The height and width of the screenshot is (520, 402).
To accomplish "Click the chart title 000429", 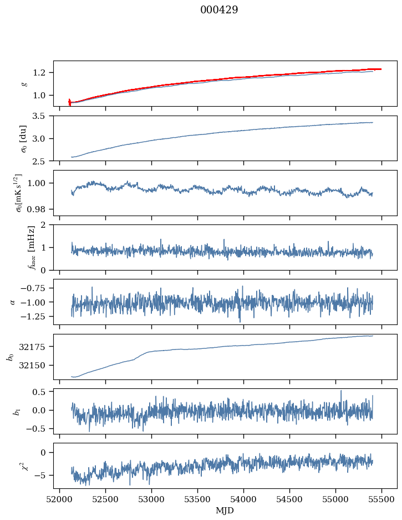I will pyautogui.click(x=219, y=10).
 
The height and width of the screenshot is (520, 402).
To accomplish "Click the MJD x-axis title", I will pyautogui.click(x=225, y=510).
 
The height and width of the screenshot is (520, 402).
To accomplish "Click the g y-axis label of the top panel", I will pyautogui.click(x=24, y=83).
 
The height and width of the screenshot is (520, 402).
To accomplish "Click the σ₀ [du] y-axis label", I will pyautogui.click(x=24, y=138).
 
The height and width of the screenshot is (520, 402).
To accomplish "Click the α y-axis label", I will pyautogui.click(x=13, y=302).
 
